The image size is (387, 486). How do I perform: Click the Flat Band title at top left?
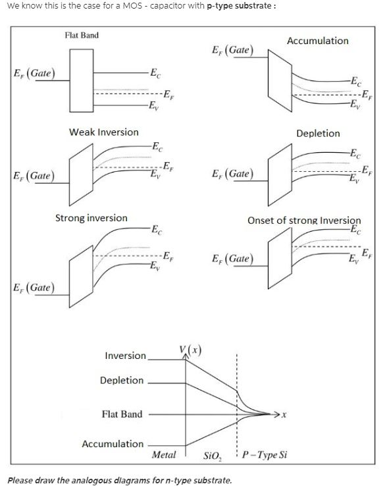point(82,35)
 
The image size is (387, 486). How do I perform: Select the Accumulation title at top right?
point(317,41)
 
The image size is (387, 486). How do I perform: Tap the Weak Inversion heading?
point(104,132)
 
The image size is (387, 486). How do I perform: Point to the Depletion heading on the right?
point(318,134)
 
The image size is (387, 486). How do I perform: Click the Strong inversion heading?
point(91,218)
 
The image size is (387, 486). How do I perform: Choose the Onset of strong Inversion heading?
point(304,221)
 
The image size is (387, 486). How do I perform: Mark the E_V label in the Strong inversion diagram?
point(153,267)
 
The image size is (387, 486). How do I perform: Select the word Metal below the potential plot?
point(164,455)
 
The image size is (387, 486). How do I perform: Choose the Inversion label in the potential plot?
point(125,356)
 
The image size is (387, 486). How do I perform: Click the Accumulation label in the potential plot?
point(112,444)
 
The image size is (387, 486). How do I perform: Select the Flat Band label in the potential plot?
point(122,414)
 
